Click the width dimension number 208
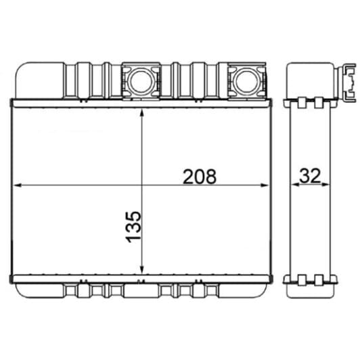(200, 177)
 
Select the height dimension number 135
(133, 226)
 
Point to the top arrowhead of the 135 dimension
(141, 111)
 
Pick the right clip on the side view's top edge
(318, 102)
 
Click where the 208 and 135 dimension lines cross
(141, 185)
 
